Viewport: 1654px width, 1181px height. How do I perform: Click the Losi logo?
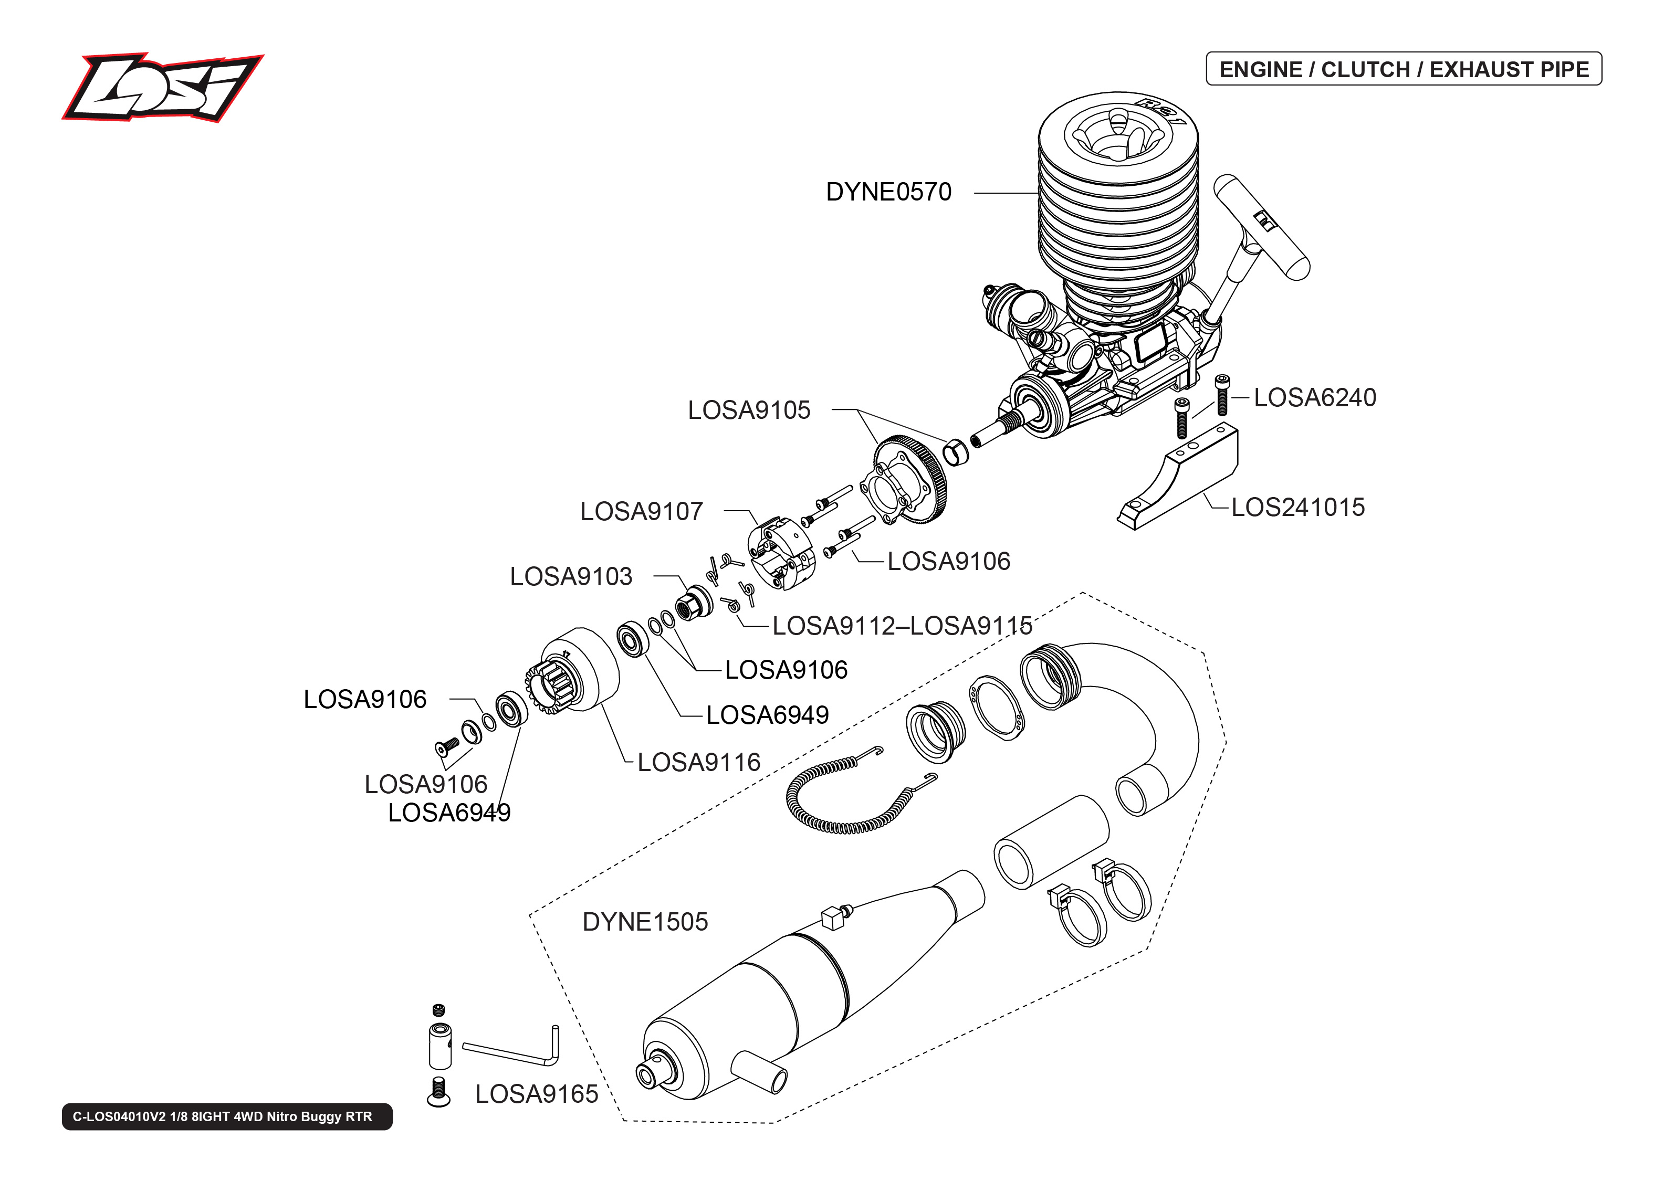pyautogui.click(x=162, y=87)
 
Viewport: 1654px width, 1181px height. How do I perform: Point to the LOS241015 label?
pyautogui.click(x=1297, y=508)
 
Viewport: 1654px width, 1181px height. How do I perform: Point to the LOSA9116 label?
pyautogui.click(x=698, y=763)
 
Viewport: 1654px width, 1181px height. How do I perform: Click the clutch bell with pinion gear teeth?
pyautogui.click(x=574, y=673)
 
